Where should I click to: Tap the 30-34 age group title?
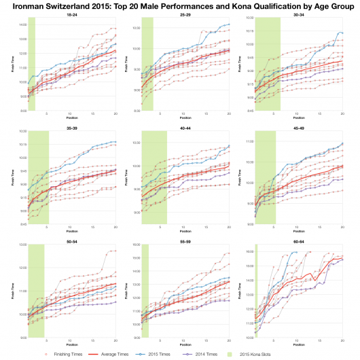(x=297, y=14)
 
